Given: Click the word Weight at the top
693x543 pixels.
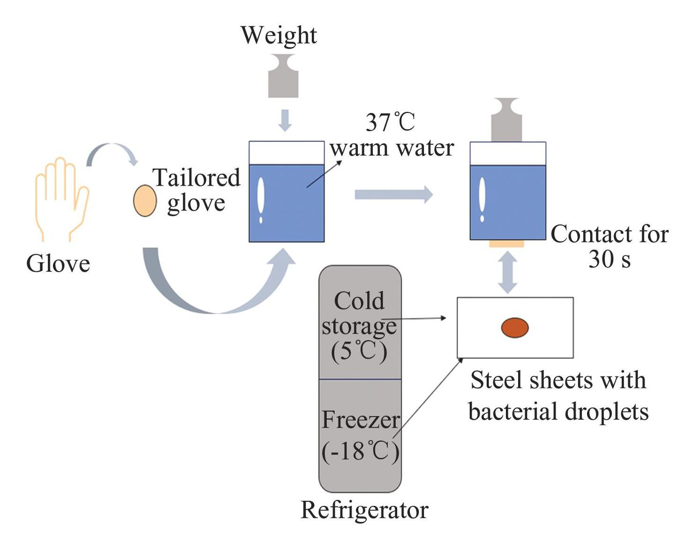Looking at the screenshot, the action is pyautogui.click(x=279, y=36).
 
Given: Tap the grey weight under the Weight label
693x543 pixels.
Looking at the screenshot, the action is pyautogui.click(x=283, y=76).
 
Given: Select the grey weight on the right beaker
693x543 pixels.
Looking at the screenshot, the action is pyautogui.click(x=506, y=119).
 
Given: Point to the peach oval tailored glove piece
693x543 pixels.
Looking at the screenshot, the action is pyautogui.click(x=145, y=201).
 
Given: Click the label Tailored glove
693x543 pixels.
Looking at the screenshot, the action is pyautogui.click(x=196, y=191).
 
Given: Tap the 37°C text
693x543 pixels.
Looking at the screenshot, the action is pyautogui.click(x=390, y=122).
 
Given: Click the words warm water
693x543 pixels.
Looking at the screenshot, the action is pyautogui.click(x=392, y=148).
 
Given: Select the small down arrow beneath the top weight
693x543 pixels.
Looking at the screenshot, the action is pyautogui.click(x=285, y=120).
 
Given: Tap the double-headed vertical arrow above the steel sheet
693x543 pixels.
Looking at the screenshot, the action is pyautogui.click(x=507, y=273).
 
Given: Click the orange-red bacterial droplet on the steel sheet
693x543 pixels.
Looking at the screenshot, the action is pyautogui.click(x=515, y=327).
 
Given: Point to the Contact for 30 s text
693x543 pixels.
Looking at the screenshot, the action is pyautogui.click(x=610, y=246).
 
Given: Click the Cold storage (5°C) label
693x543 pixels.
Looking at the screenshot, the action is pyautogui.click(x=359, y=326).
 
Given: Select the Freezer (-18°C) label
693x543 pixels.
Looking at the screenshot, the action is pyautogui.click(x=361, y=435).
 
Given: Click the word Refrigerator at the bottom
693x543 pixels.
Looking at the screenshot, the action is pyautogui.click(x=364, y=510).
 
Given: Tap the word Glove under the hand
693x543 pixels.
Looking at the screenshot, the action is pyautogui.click(x=58, y=264).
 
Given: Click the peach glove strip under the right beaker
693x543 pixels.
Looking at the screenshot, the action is pyautogui.click(x=507, y=244).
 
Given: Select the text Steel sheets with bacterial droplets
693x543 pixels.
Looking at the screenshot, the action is pyautogui.click(x=558, y=395).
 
